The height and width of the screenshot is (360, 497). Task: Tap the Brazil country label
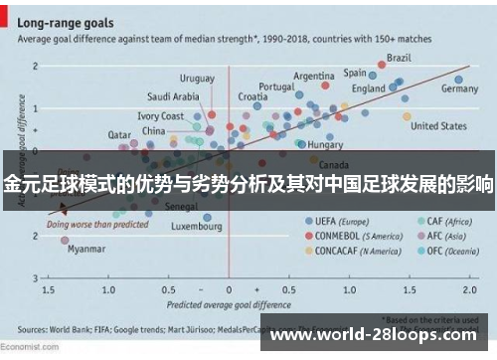(x=400, y=57)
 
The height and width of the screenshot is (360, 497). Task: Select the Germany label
(x=459, y=89)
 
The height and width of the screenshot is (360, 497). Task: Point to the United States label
(x=438, y=127)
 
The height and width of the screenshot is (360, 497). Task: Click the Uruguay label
(x=197, y=78)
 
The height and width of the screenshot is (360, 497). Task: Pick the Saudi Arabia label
(x=173, y=97)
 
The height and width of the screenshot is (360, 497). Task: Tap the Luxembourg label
(x=196, y=226)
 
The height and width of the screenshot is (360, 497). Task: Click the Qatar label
(x=119, y=134)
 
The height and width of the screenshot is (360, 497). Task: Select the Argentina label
(x=314, y=76)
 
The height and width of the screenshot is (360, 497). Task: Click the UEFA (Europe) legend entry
(x=338, y=220)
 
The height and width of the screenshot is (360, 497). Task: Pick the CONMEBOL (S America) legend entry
(x=353, y=236)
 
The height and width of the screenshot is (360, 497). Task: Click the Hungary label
(x=325, y=145)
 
